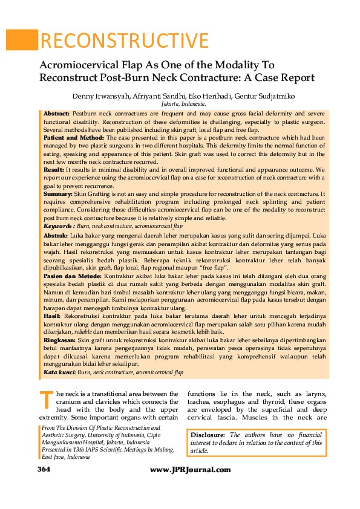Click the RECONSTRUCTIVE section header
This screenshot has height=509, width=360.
tap(124, 41)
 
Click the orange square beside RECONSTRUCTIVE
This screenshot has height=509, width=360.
tap(21, 40)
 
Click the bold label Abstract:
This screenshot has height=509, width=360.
tap(56, 114)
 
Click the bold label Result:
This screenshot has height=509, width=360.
tap(54, 170)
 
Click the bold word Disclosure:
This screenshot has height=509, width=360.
tap(208, 435)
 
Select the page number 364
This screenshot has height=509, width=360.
tap(44, 470)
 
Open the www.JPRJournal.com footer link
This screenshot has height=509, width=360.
tap(190, 470)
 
